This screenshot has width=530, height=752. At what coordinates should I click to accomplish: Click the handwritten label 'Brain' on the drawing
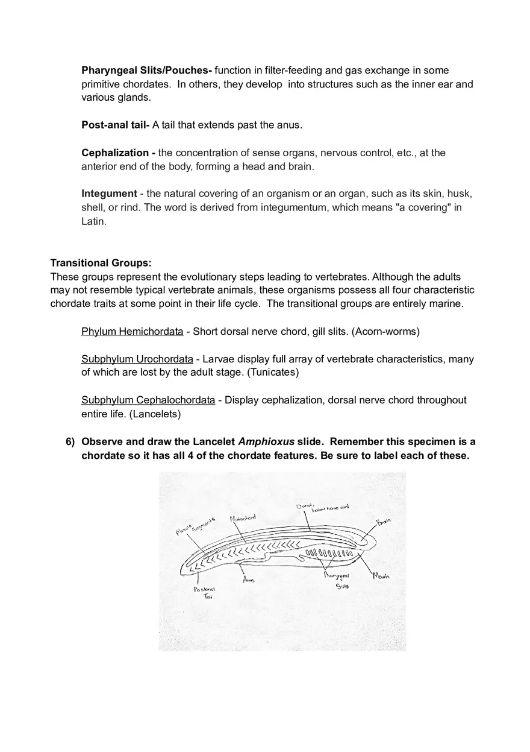(384, 521)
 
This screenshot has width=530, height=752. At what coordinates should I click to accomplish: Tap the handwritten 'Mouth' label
(381, 576)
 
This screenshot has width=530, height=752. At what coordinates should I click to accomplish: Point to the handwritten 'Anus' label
(249, 580)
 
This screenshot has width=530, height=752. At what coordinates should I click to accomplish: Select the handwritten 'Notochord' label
(243, 518)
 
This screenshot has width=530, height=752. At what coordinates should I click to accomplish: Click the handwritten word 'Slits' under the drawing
(342, 586)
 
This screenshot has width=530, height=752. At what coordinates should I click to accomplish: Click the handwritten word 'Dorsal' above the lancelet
(305, 505)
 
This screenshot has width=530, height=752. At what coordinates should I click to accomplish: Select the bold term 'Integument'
(109, 194)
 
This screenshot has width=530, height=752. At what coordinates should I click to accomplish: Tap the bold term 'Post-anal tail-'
(116, 125)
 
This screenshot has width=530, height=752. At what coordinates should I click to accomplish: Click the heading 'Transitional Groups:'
(101, 263)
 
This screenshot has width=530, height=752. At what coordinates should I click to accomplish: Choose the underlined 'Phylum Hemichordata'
(132, 332)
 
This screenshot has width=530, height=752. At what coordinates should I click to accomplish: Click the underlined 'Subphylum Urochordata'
(137, 359)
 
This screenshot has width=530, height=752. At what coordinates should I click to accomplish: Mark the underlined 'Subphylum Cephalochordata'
(148, 400)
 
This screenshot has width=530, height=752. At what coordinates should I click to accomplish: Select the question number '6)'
(70, 442)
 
